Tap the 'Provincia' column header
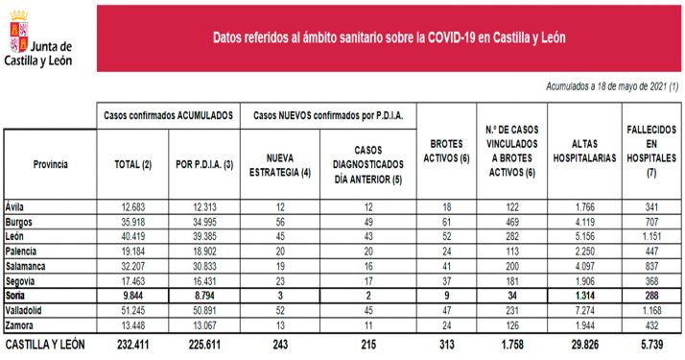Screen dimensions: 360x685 50,164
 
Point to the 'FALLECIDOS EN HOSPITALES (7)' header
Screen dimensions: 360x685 650,155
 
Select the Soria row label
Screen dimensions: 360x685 16,298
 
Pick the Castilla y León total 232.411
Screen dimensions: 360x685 132,343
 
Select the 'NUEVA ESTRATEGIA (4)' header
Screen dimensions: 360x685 278,164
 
